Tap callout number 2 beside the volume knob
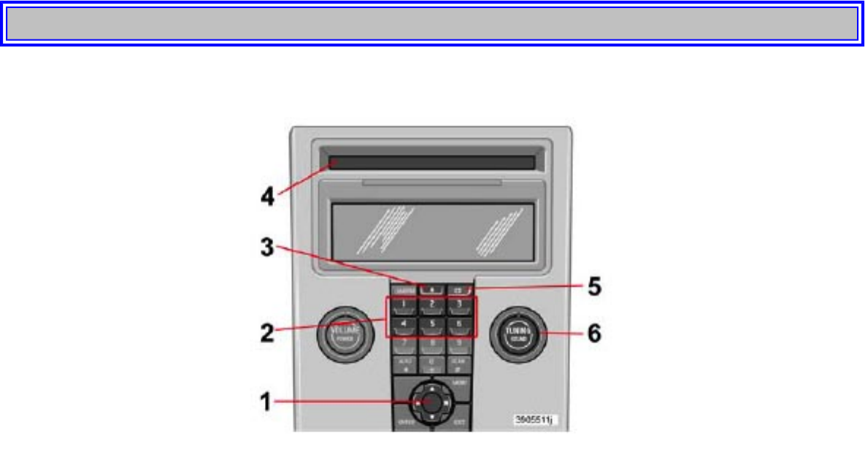(268, 333)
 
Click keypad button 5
(431, 323)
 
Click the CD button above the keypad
(458, 289)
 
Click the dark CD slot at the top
(431, 163)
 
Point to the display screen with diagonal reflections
(432, 229)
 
